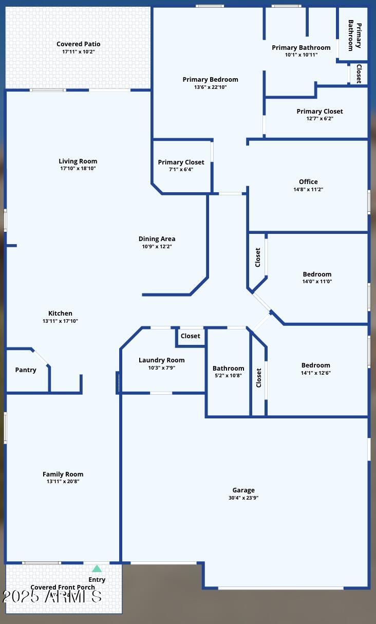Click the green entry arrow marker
(x=97, y=568)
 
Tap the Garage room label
(x=243, y=490)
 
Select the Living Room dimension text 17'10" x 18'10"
(x=78, y=169)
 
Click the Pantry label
(x=26, y=370)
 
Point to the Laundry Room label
(x=161, y=360)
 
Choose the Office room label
(x=308, y=181)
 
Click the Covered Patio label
(x=79, y=44)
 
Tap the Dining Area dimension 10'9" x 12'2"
(x=157, y=247)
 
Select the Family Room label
(x=63, y=474)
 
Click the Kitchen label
(x=60, y=313)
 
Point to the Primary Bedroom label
(x=210, y=79)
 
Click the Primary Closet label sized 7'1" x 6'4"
(x=181, y=162)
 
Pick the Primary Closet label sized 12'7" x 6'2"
(x=319, y=111)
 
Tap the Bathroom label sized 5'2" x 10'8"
(x=228, y=368)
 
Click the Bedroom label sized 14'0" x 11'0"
(x=317, y=274)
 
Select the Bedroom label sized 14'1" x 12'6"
(x=315, y=365)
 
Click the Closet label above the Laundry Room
(x=190, y=336)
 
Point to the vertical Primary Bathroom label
(x=354, y=35)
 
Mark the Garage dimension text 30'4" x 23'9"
(x=243, y=498)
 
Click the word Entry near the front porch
(x=97, y=579)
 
